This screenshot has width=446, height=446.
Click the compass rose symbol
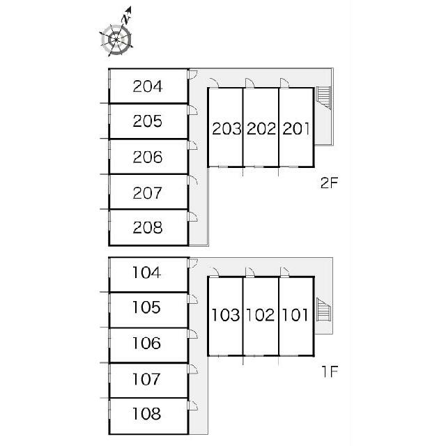(116, 40)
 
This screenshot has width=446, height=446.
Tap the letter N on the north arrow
(125, 20)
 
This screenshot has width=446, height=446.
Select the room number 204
(148, 86)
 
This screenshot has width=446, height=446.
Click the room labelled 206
(148, 157)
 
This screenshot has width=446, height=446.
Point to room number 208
(148, 228)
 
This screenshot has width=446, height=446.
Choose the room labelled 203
(226, 128)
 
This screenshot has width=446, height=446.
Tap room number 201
(295, 128)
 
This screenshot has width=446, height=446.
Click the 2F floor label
(329, 183)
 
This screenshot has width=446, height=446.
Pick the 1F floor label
(330, 371)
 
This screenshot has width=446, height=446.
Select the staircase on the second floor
(323, 98)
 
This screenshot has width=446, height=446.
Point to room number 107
(147, 379)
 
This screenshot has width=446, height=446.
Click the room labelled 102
(260, 315)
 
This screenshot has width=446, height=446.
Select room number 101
(295, 315)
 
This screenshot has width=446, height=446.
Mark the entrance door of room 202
(249, 83)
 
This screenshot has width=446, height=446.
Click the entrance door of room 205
(192, 110)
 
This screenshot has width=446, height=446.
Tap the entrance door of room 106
(192, 334)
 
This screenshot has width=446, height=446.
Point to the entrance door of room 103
(214, 272)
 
